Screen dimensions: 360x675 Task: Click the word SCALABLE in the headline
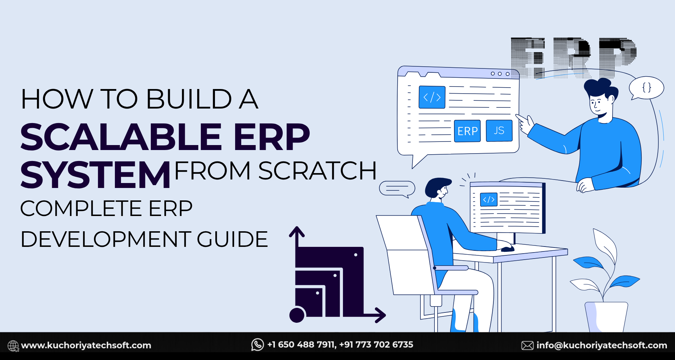coord(121,137)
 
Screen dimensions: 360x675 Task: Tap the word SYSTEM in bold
coord(95,175)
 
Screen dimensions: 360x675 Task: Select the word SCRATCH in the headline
coord(317,171)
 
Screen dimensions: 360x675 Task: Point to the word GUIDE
coord(232,239)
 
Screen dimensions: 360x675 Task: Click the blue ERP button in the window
coord(467,131)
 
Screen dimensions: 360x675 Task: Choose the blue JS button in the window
coord(499,131)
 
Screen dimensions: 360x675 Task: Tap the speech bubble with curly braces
coord(646,88)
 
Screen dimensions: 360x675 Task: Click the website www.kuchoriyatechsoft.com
coord(86,345)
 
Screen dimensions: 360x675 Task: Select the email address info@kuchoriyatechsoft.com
coord(602,345)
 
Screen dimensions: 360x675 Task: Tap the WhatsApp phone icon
coord(258,344)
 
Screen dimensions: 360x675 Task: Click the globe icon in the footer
coord(13,345)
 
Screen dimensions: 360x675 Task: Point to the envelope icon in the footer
coord(527,345)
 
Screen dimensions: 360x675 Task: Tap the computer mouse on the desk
coord(507,249)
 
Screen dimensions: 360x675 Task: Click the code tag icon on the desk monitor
coord(488,200)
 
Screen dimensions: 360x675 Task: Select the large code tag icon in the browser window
coord(432,97)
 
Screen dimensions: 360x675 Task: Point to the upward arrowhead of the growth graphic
coord(297,232)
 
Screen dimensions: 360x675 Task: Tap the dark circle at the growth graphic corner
coord(297,315)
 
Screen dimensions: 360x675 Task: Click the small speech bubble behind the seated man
coord(397,188)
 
